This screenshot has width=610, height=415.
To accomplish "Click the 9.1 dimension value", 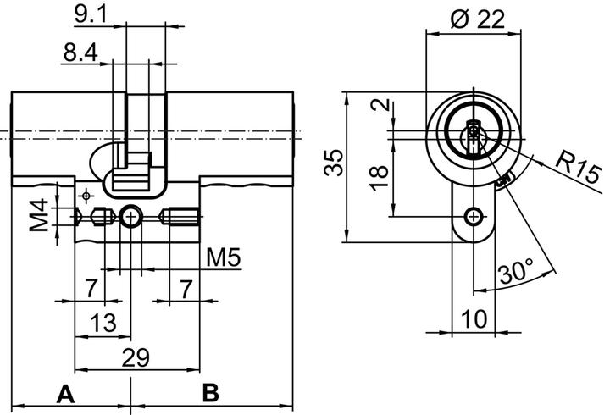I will (91, 14).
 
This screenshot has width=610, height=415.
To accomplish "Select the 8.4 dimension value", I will (80, 53).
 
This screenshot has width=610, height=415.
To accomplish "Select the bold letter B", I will (211, 393).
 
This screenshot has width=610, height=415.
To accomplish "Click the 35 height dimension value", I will (335, 162).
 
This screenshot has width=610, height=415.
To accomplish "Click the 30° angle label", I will (515, 273).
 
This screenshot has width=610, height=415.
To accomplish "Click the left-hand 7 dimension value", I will (90, 288).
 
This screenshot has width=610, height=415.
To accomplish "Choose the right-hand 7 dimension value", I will (186, 288).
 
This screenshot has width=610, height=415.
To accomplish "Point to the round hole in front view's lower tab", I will (472, 217).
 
